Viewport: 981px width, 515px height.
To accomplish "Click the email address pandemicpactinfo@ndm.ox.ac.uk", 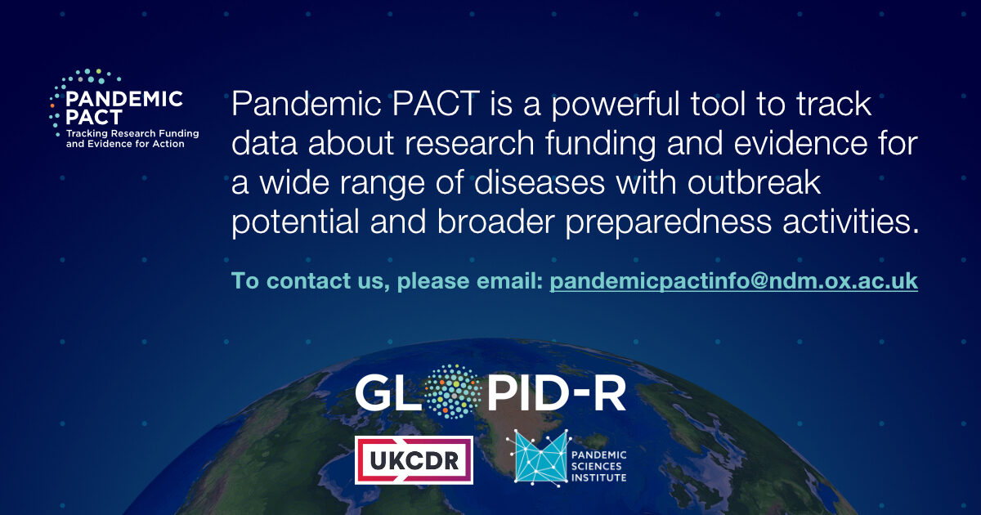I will [x=733, y=281].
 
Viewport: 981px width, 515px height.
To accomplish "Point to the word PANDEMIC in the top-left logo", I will [x=123, y=99].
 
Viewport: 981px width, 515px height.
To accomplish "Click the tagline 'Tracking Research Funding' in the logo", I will [x=132, y=133].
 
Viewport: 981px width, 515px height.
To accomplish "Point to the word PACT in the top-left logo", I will [x=94, y=116].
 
